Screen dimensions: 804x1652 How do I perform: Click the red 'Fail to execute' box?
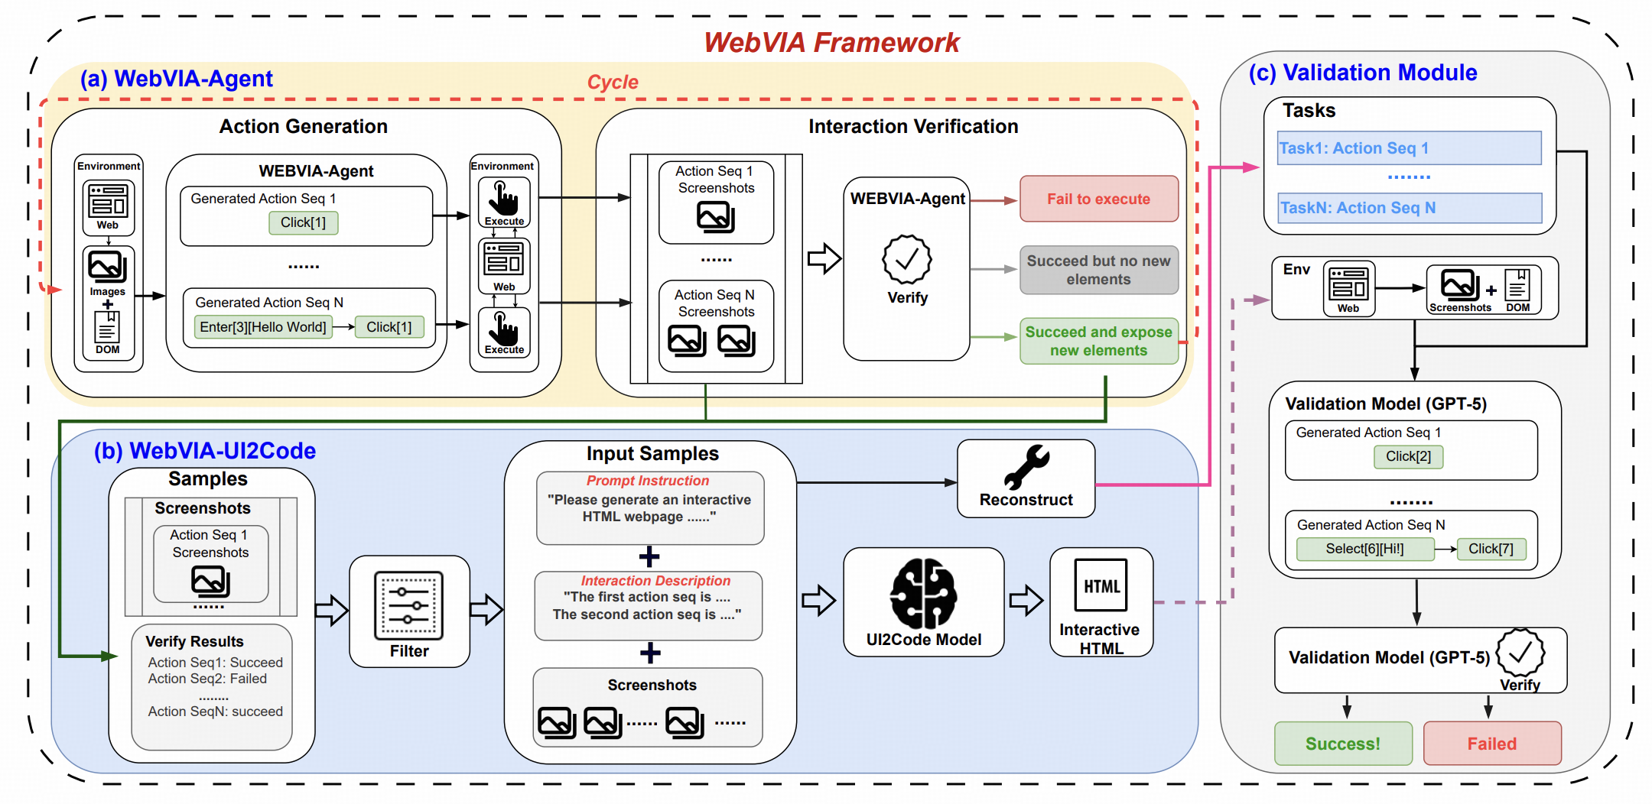click(x=1098, y=199)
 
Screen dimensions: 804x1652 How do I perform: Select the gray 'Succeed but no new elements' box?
click(x=1098, y=270)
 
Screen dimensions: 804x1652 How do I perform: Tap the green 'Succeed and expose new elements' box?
click(x=1098, y=341)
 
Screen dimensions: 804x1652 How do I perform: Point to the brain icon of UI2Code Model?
click(x=923, y=594)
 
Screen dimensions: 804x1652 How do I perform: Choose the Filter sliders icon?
click(x=408, y=605)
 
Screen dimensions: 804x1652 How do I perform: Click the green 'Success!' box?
click(x=1342, y=744)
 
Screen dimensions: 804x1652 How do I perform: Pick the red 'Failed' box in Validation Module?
click(x=1491, y=744)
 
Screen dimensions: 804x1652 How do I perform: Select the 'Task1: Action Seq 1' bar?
click(x=1409, y=148)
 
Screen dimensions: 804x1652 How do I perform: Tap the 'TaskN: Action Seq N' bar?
click(x=1409, y=208)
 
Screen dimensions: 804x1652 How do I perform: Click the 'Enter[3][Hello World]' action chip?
click(x=263, y=327)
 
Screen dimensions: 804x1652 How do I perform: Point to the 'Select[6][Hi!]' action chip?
click(x=1364, y=549)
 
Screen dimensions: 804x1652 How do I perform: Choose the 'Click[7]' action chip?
click(x=1491, y=549)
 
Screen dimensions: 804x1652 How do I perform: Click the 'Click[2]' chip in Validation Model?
click(x=1408, y=456)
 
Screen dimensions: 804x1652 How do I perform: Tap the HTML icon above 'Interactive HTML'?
click(x=1101, y=585)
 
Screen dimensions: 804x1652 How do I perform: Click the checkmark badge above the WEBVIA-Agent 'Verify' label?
click(x=907, y=260)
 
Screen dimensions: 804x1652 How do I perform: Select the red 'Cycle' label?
click(x=612, y=82)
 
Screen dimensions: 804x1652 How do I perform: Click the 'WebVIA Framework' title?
click(x=831, y=43)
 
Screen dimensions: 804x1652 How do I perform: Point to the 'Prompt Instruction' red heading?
click(x=647, y=481)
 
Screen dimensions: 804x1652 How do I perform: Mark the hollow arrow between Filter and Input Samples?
click(x=486, y=609)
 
